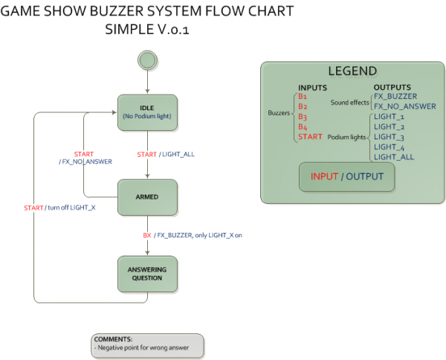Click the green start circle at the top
[x=147, y=60]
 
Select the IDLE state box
[x=147, y=112]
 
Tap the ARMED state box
[x=147, y=197]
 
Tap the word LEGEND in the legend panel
[x=352, y=71]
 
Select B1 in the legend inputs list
[x=302, y=97]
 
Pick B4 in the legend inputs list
[x=303, y=127]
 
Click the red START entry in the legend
[x=310, y=137]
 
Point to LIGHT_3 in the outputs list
[x=389, y=137]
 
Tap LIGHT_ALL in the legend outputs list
[x=394, y=157]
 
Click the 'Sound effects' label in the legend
[x=350, y=102]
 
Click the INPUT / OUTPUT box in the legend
[x=346, y=177]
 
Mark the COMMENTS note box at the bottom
[x=147, y=343]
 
